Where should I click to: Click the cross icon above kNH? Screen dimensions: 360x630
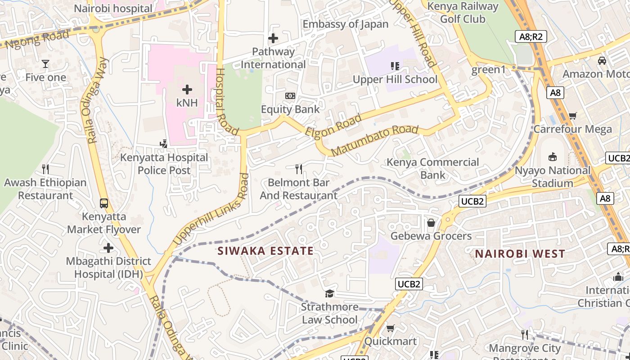[x=187, y=89]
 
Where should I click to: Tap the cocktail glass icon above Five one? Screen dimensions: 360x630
[x=45, y=63]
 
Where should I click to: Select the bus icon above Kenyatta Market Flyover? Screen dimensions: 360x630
[x=104, y=203]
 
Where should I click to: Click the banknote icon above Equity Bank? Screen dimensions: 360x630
[x=290, y=96]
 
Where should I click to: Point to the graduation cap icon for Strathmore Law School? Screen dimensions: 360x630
[x=330, y=293]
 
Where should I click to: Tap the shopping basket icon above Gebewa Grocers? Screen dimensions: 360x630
[x=431, y=223]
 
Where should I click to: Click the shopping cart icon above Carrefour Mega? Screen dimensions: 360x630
[x=572, y=116]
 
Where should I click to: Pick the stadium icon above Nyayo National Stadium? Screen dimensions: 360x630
[x=553, y=157]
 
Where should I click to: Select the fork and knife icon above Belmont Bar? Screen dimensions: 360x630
[x=298, y=169]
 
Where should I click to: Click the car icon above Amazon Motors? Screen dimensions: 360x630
[x=602, y=61]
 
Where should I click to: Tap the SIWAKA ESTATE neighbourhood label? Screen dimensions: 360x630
[x=265, y=251]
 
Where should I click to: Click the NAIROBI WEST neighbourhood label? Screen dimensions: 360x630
[x=520, y=254]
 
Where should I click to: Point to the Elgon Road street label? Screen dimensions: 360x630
[x=333, y=126]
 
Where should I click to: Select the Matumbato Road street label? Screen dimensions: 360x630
[x=375, y=141]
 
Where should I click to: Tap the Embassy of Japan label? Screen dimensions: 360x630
[x=345, y=24]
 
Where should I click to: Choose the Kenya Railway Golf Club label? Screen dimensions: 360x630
[x=463, y=13]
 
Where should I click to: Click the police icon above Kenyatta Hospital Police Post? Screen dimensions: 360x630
[x=164, y=144]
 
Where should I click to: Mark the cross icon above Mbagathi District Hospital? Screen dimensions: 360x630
[x=108, y=248]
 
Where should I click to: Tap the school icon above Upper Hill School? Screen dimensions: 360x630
[x=395, y=66]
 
